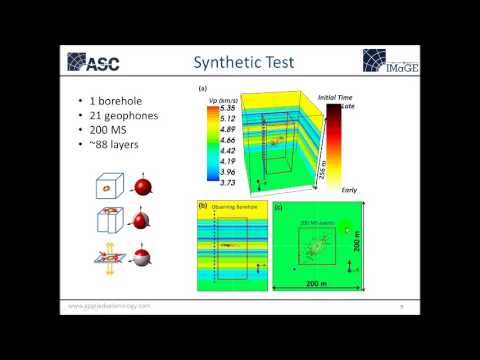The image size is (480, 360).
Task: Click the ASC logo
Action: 103,62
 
